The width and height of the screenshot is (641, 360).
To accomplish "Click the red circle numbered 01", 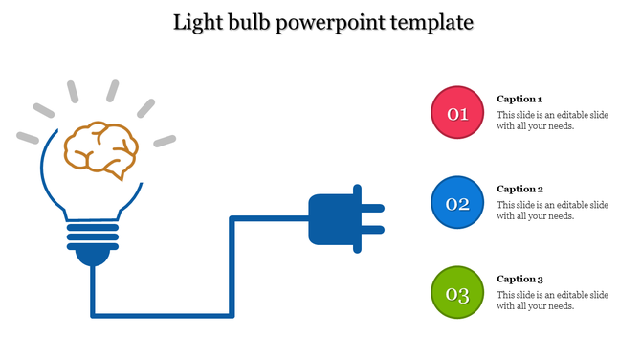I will pos(457,113).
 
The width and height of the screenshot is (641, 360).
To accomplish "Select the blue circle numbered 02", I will pos(457,203).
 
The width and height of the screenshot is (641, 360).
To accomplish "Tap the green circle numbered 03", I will pos(457,293).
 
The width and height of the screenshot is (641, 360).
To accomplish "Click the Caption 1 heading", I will pos(519,99).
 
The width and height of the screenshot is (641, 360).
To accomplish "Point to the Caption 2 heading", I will pos(519,189).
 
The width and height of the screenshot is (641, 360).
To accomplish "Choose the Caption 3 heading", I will pos(519,279).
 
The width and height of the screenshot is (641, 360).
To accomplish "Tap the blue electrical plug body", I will pos(329,219).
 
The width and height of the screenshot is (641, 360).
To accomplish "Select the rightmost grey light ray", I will pos(165,141).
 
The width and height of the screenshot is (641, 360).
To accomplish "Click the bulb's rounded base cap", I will pos(92,255).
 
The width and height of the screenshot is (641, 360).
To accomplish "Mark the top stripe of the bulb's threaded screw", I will pos(92,226).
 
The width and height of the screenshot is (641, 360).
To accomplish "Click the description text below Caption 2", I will pos(552,211).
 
